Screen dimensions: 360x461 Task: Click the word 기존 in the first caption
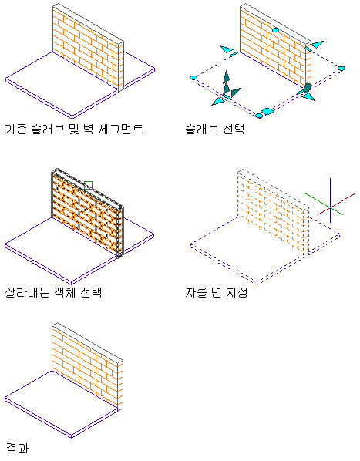coord(16,129)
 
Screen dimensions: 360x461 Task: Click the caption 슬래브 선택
coord(215,129)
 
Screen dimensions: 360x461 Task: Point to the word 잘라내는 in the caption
coord(27,292)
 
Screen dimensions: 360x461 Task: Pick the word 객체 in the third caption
coord(65,292)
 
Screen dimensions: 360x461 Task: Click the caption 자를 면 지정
coord(217,292)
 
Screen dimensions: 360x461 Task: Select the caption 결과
coord(17,448)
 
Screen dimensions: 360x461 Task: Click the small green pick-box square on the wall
coord(88,185)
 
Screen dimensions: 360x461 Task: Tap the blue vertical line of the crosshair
coord(330,200)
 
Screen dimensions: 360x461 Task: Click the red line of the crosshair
coord(337,204)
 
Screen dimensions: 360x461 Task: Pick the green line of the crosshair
coord(324,204)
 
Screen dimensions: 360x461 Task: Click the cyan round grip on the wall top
coord(275,30)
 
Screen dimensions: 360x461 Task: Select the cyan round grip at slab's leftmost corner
coord(193,78)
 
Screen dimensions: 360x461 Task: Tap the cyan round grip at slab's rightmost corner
coord(341,69)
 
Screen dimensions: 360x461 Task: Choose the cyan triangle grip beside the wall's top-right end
coord(317,45)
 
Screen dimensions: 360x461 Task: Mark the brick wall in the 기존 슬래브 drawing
coord(88,48)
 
